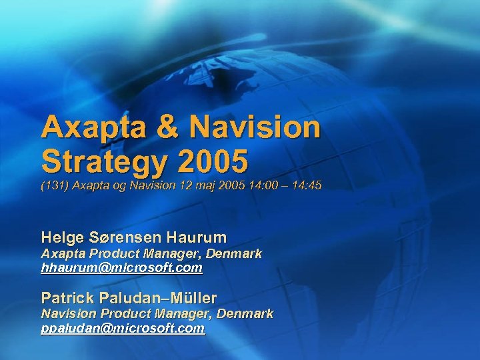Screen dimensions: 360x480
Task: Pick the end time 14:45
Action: click(307, 186)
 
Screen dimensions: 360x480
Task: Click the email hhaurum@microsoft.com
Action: click(121, 268)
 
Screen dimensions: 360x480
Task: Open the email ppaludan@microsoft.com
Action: click(123, 329)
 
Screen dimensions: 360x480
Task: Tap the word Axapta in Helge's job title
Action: click(61, 254)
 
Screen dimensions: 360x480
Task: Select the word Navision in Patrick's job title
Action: click(67, 313)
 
